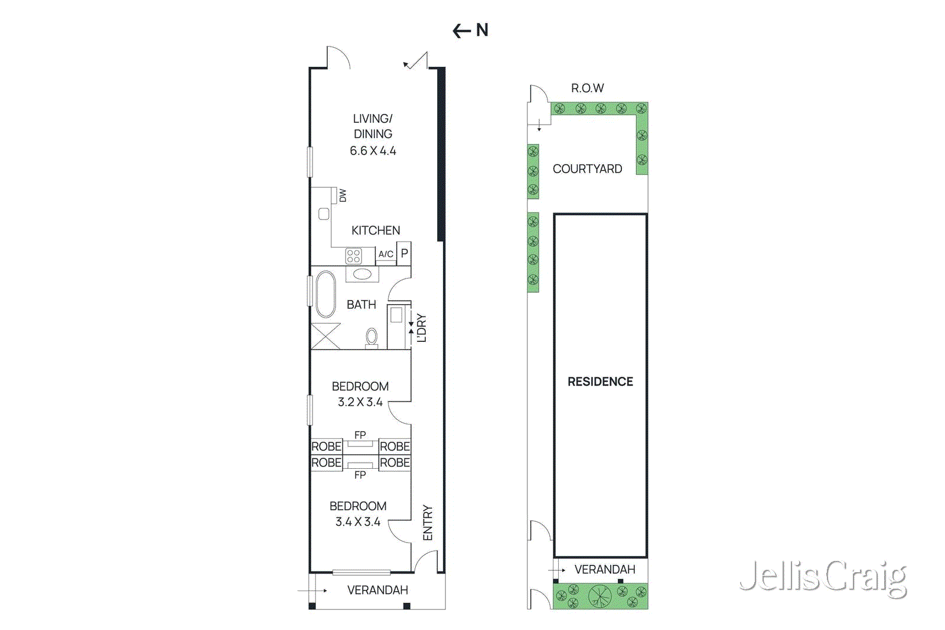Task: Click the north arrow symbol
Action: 470,30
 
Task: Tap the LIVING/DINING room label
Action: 373,126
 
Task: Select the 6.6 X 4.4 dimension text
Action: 373,151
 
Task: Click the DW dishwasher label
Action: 343,195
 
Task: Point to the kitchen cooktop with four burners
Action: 353,256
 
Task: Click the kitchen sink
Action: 324,214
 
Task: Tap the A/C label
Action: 386,254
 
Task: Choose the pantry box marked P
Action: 404,253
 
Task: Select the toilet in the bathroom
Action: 372,337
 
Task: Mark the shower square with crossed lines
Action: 325,336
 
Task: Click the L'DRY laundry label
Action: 421,328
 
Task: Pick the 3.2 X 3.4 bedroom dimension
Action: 360,402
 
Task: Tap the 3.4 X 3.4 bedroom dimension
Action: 358,522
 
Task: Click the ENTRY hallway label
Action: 428,523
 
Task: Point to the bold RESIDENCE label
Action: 600,382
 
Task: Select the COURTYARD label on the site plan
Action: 587,169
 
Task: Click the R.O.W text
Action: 587,89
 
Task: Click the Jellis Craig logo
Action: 823,577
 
